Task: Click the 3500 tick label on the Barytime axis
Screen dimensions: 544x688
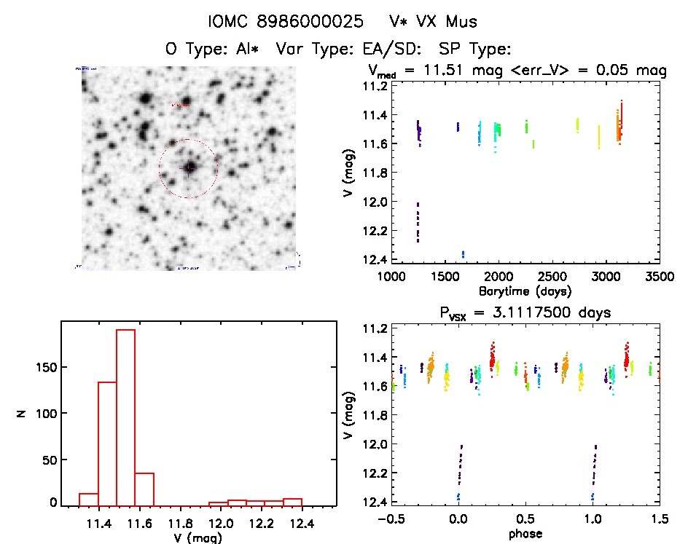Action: pyautogui.click(x=660, y=277)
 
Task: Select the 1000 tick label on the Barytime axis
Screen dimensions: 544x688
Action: pyautogui.click(x=391, y=277)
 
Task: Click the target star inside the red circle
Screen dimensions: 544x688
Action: pyautogui.click(x=189, y=167)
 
